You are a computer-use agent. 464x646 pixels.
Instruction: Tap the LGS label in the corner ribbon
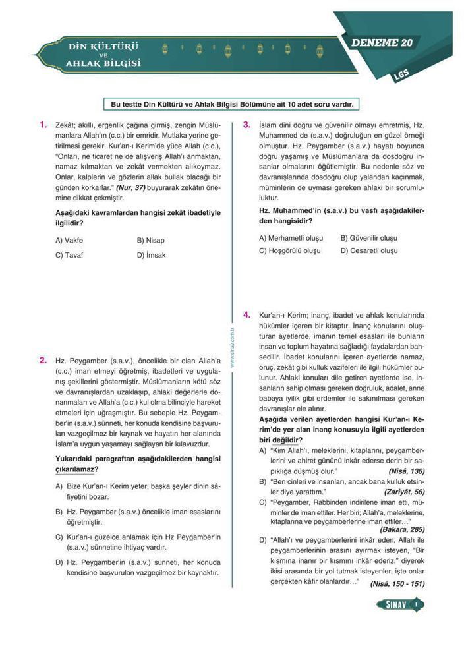401,74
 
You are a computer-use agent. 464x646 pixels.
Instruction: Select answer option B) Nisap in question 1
151,241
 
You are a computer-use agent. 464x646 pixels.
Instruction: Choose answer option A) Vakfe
69,241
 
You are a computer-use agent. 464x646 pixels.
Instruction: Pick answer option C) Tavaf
69,255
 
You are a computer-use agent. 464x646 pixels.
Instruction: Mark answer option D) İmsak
152,255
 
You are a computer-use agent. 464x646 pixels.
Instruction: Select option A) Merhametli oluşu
291,237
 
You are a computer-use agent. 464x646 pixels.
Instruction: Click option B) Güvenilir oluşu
369,237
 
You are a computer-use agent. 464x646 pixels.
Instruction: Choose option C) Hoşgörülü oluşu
290,250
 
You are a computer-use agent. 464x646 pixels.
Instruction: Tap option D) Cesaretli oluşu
369,250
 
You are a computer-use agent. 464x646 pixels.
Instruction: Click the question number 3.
246,124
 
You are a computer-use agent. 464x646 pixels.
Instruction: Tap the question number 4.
246,315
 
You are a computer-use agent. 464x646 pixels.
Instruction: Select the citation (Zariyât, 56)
404,492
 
